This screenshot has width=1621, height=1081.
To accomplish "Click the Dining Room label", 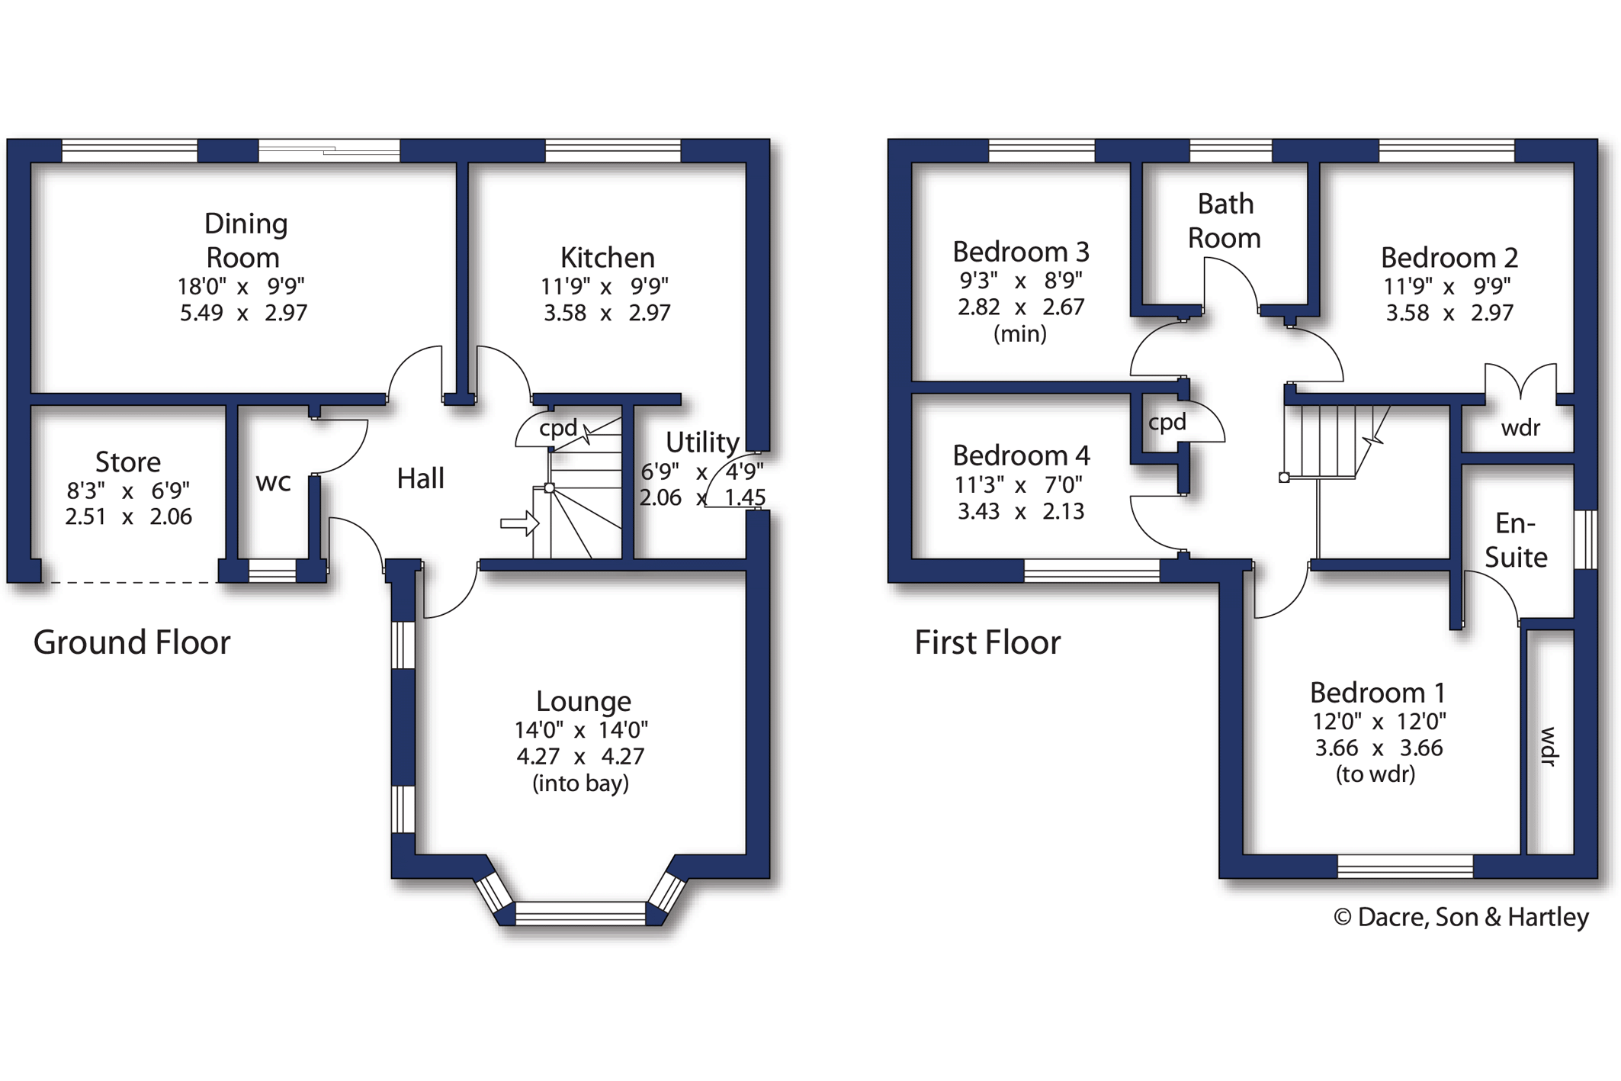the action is click(x=246, y=240).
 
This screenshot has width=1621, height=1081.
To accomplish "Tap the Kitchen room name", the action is click(x=607, y=258).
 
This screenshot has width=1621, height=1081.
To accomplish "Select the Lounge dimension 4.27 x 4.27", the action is click(x=580, y=756).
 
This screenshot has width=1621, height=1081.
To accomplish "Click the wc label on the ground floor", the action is click(x=273, y=482).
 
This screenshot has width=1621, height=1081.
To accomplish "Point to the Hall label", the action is click(x=420, y=478).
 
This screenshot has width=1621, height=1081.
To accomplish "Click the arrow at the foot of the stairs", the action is click(x=520, y=523).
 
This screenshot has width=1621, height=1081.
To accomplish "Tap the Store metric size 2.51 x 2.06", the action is click(x=128, y=516).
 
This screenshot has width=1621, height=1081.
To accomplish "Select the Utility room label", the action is click(x=702, y=442).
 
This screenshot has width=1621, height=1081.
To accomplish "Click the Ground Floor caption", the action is click(x=132, y=642).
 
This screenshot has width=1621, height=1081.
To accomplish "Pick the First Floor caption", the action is click(x=987, y=642).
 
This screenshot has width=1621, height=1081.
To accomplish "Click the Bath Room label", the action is click(x=1225, y=221).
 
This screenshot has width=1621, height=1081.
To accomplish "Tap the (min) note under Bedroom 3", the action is click(x=1019, y=334).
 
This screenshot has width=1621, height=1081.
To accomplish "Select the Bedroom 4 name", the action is click(x=1021, y=455).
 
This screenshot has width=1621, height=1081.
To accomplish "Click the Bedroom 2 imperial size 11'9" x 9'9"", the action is click(x=1448, y=286).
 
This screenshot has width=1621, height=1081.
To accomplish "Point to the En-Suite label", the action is click(x=1516, y=540).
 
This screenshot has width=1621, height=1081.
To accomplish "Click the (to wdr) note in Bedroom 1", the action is click(x=1375, y=774).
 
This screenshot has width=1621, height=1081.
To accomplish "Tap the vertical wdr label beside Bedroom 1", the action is click(x=1549, y=747).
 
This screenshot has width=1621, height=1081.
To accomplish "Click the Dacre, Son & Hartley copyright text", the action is click(x=1461, y=917).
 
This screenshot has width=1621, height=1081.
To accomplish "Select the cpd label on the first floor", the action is click(x=1167, y=423).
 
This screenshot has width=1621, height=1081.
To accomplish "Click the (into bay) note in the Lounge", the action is click(x=580, y=783).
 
